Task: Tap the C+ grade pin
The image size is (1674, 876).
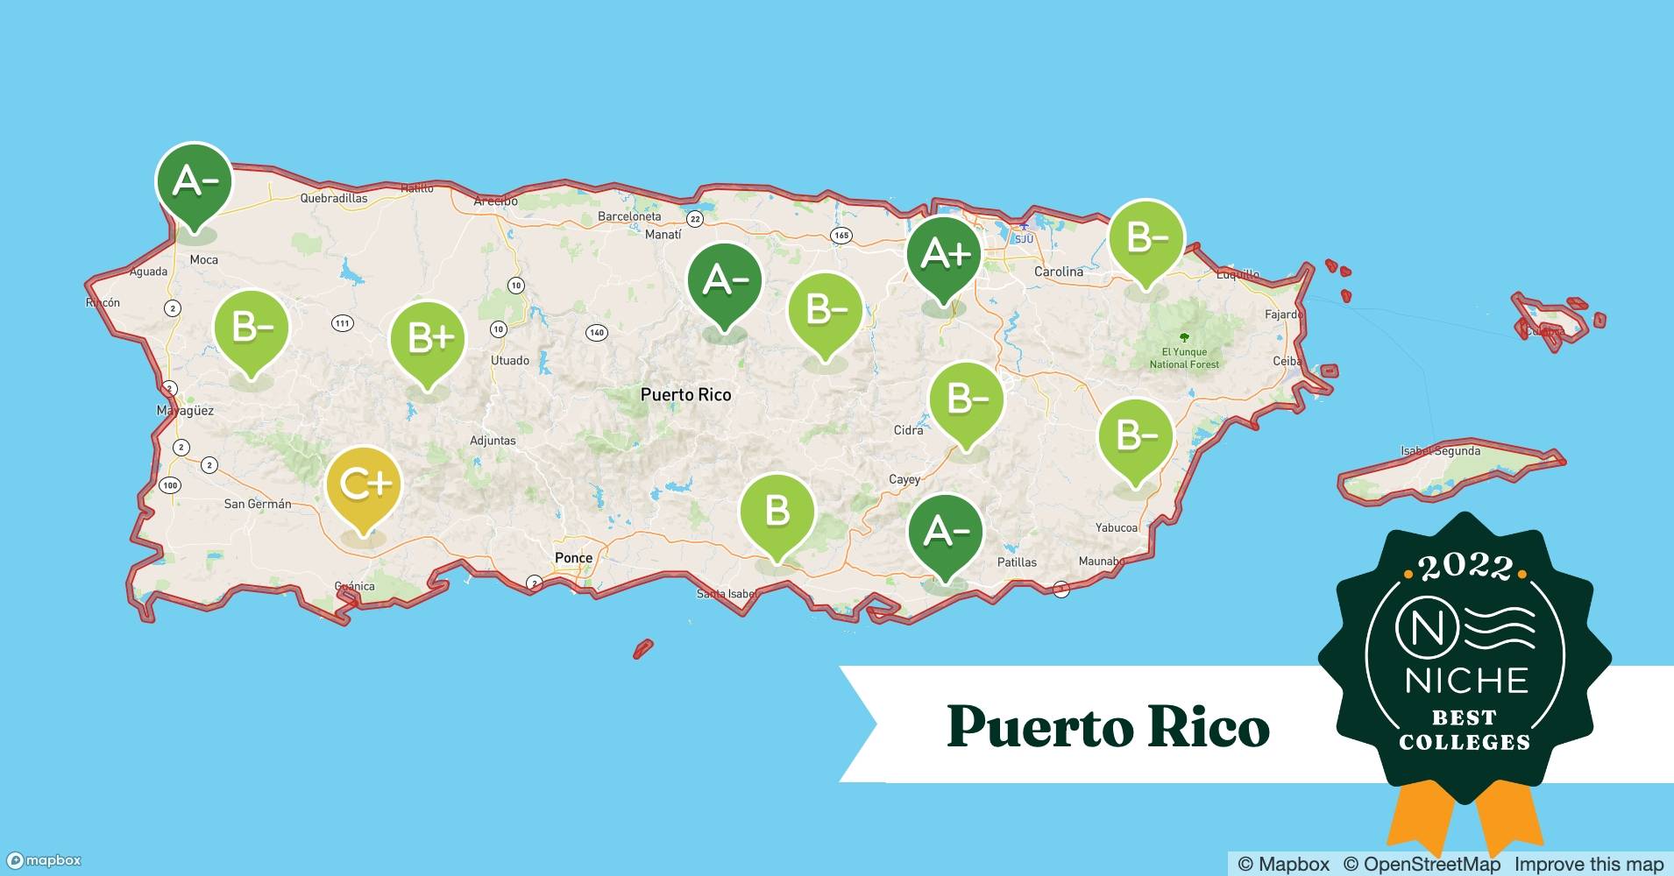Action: click(x=364, y=484)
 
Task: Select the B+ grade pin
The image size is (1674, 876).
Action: click(x=428, y=338)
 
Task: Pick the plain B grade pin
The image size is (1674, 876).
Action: click(x=777, y=511)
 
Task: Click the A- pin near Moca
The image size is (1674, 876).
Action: click(x=194, y=181)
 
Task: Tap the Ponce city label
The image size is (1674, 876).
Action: click(x=573, y=557)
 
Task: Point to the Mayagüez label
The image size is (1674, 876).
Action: click(x=185, y=410)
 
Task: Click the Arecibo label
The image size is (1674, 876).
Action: click(x=495, y=201)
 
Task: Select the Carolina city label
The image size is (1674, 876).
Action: click(x=1059, y=272)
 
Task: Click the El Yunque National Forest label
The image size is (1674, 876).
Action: click(x=1184, y=357)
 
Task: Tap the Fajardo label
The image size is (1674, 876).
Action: click(x=1283, y=314)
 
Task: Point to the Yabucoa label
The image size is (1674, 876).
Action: click(x=1117, y=527)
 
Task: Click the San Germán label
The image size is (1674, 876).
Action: click(x=258, y=504)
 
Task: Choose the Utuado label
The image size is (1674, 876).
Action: click(x=510, y=360)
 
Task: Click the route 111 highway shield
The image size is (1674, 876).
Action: click(x=342, y=323)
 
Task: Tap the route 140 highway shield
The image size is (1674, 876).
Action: click(x=596, y=332)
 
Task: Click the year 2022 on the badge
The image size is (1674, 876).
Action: click(x=1465, y=567)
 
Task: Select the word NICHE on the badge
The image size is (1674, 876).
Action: click(x=1466, y=681)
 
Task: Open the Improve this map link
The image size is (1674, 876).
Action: click(x=1589, y=864)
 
